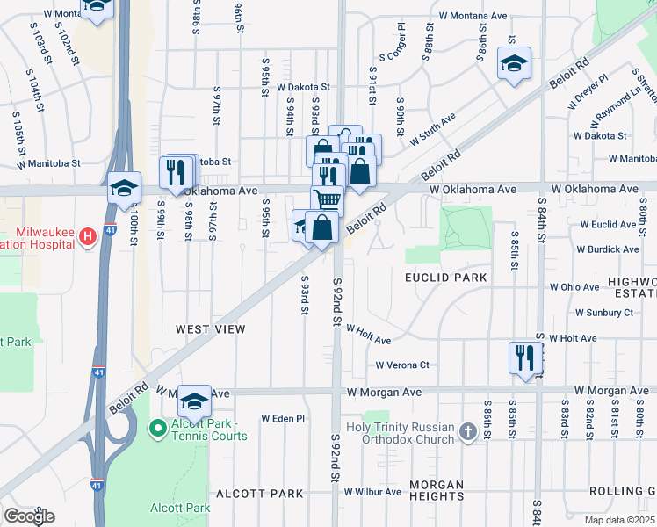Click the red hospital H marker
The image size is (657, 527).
[87, 236]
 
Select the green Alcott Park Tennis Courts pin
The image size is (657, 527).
[158, 429]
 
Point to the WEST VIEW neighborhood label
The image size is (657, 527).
[210, 329]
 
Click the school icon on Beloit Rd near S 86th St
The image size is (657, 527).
[514, 63]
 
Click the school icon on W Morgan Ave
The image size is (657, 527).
[194, 401]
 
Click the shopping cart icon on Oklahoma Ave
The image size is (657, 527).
[327, 200]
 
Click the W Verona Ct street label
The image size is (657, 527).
[402, 365]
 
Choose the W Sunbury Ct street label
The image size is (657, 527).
[603, 312]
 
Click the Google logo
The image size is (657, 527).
[29, 516]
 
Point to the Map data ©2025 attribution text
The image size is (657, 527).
[619, 520]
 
